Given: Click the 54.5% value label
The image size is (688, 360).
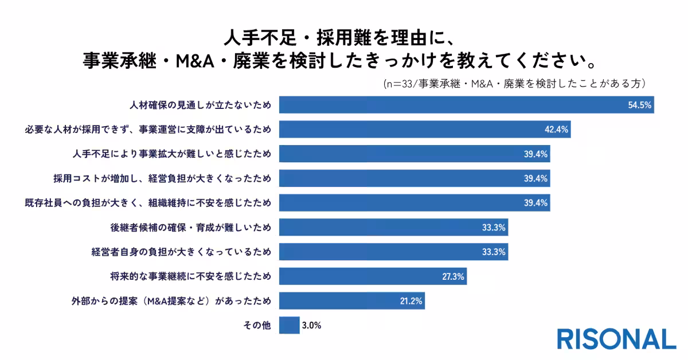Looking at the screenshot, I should (639, 105).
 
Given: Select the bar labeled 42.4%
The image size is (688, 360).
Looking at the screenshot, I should (424, 130).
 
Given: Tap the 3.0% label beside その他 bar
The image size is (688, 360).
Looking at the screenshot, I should (311, 325).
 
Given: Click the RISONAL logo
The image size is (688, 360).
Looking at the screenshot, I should (616, 339).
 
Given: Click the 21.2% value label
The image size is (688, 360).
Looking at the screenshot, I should (411, 300).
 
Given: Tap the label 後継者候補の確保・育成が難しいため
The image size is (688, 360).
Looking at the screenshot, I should (190, 228).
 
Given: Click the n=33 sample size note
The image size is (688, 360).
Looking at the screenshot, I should (515, 83).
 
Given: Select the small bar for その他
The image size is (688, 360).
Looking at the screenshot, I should (289, 325).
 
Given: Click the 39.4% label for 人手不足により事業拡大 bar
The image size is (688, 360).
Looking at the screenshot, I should (535, 154).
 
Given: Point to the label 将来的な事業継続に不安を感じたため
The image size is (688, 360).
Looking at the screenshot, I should (190, 276).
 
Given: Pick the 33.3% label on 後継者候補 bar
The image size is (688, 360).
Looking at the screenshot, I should (494, 228).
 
